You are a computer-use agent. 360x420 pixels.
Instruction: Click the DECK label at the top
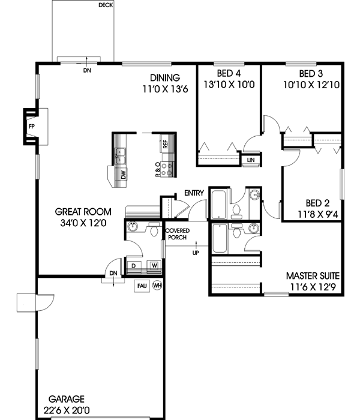point(106,6)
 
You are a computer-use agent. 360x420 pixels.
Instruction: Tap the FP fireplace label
point(31,127)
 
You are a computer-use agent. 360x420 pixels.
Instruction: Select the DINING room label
point(165,77)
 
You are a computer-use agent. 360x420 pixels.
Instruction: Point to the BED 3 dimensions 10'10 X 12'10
point(312,85)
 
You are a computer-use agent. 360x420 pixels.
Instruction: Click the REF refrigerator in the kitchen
point(165,144)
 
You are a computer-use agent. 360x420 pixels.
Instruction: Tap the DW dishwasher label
point(124,175)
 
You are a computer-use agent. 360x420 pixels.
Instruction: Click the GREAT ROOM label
point(83,211)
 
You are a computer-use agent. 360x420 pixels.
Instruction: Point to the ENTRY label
point(194,193)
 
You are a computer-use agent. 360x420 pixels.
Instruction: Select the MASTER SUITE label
point(313,276)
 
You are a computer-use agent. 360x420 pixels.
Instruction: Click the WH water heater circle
point(157,286)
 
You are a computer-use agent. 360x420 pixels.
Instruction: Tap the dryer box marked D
point(133,265)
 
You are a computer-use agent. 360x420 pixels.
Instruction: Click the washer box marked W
point(154,265)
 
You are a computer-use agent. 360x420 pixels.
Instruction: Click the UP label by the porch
point(195,253)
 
